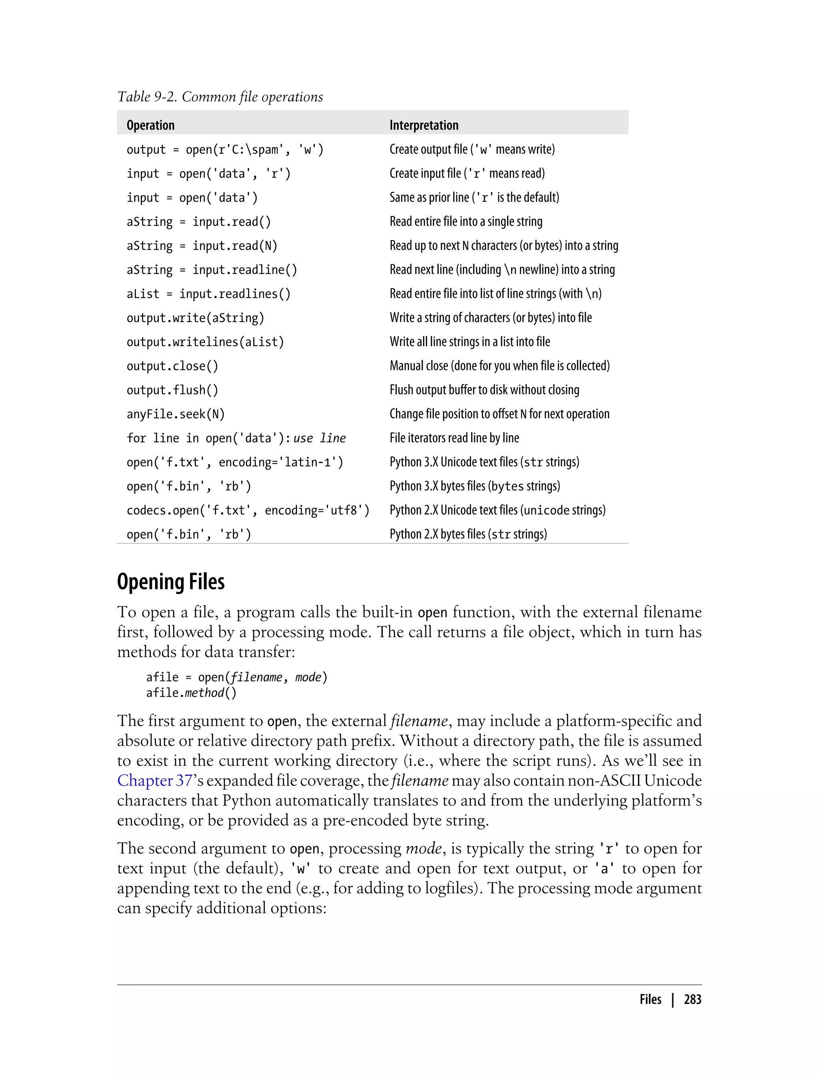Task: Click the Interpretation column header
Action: coord(423,125)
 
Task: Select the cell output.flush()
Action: coord(173,390)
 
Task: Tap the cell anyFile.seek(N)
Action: coord(176,414)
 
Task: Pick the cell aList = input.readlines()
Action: coord(208,294)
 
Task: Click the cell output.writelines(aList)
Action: coord(205,342)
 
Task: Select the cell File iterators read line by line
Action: coord(454,438)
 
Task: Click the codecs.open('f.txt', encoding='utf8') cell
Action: coord(248,510)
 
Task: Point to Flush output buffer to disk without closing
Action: coord(484,390)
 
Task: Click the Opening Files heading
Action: coord(171,581)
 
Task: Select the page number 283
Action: coord(692,999)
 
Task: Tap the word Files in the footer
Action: coord(650,999)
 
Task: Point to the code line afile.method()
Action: coord(191,693)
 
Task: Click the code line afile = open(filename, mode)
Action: coord(236,677)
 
